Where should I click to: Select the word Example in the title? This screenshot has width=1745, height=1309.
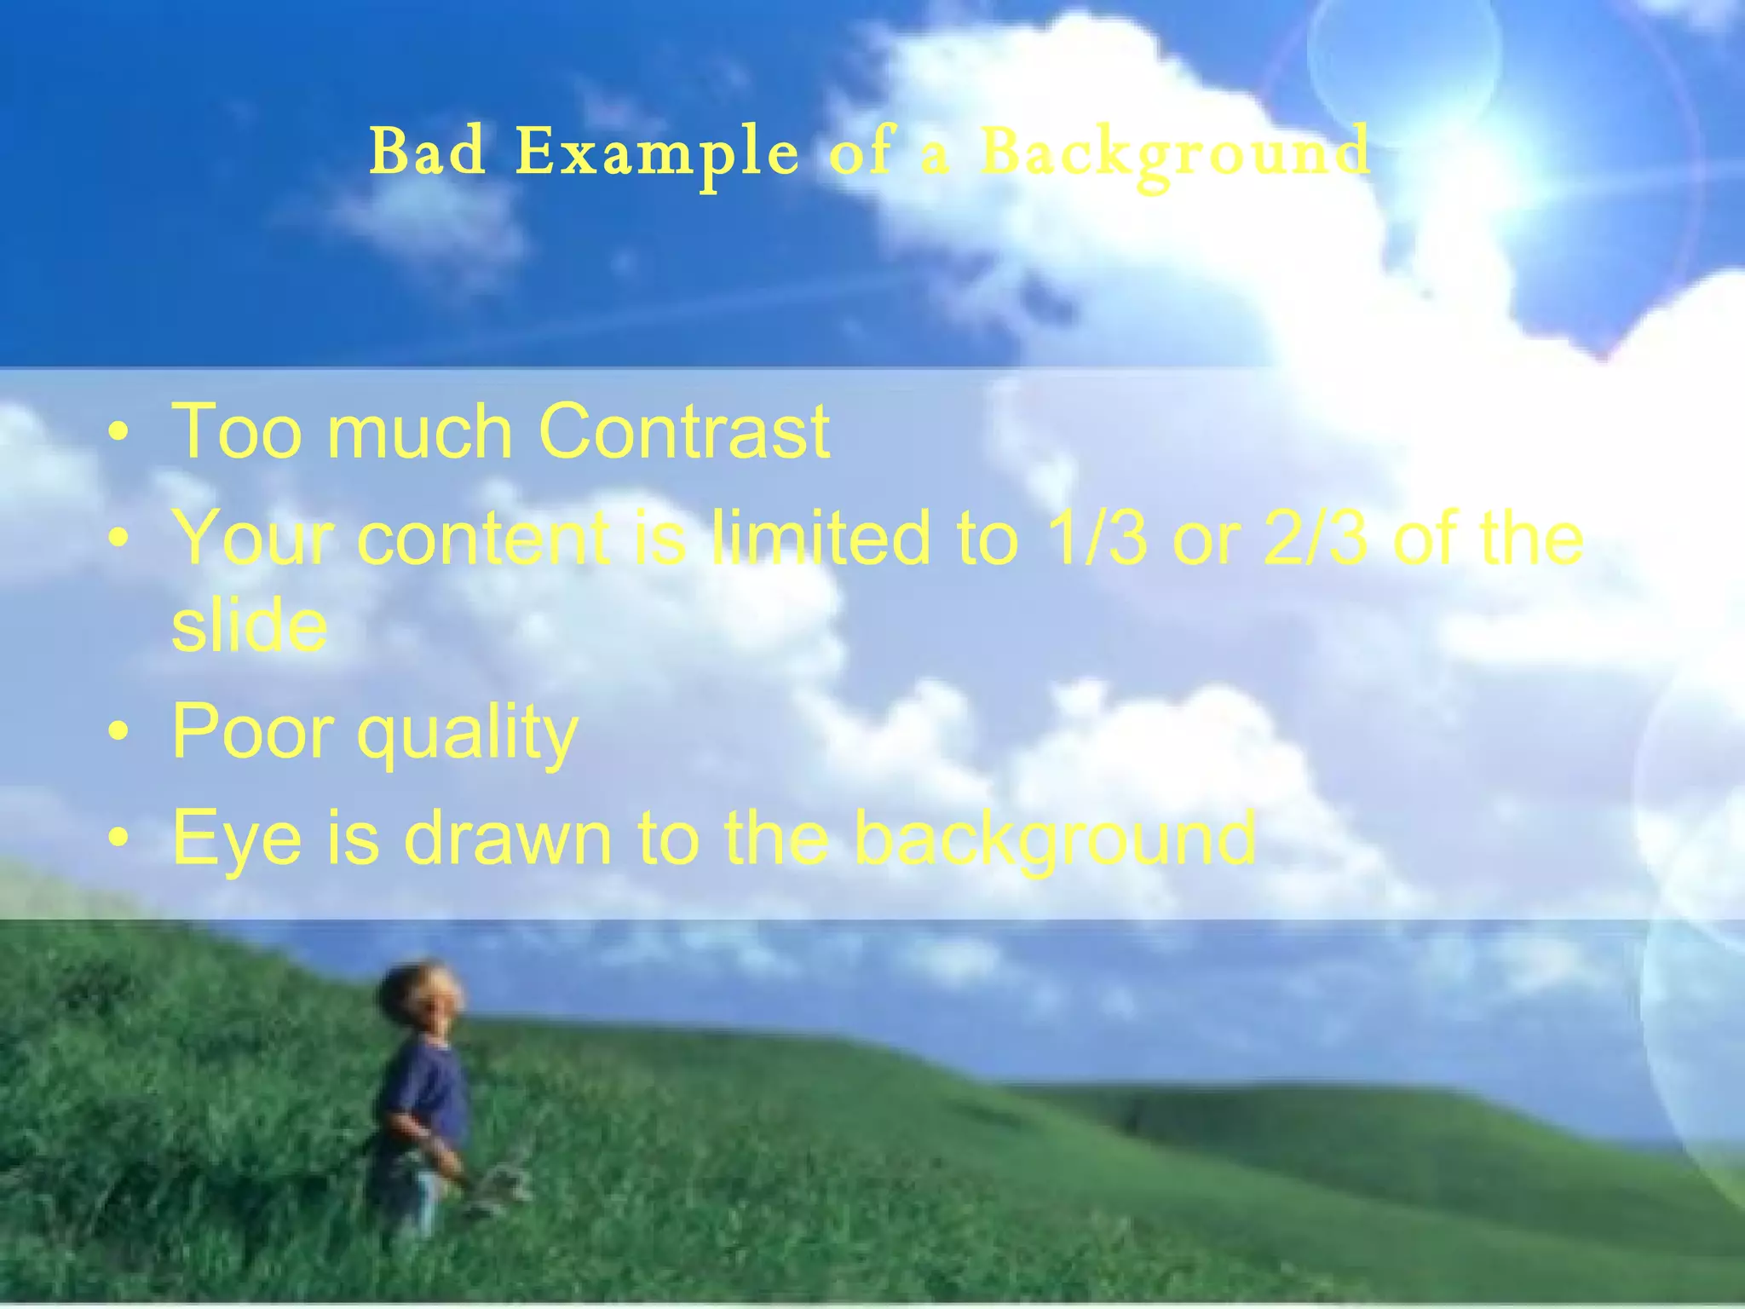(657, 153)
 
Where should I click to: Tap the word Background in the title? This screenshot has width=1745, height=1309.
(1175, 153)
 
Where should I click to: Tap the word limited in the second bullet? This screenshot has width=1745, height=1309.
(821, 538)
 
